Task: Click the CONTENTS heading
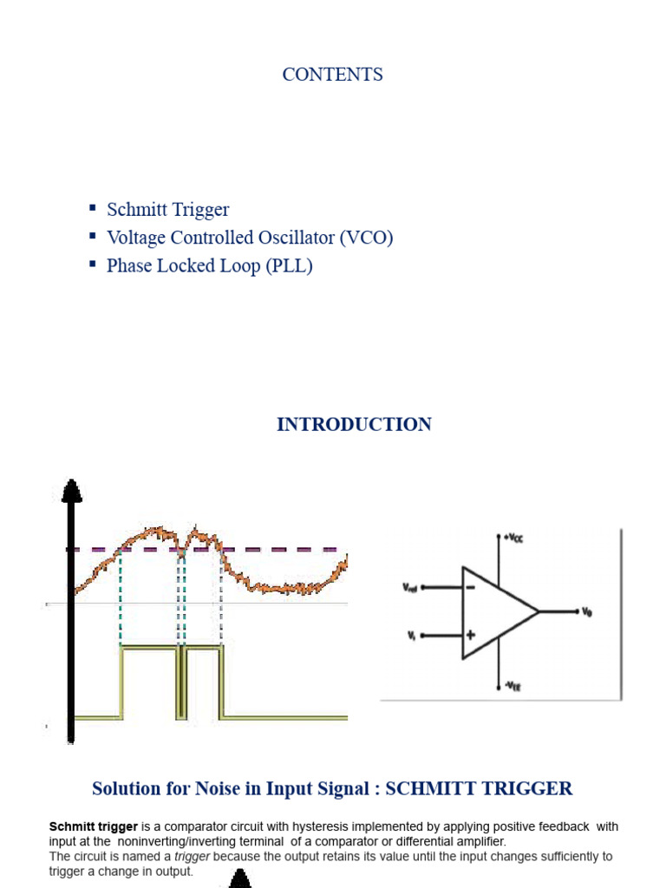(332, 75)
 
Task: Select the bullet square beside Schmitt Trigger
(93, 208)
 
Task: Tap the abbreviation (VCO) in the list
(367, 238)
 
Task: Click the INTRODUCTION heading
(354, 425)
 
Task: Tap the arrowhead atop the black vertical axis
(72, 491)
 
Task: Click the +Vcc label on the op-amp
(513, 539)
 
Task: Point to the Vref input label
(411, 587)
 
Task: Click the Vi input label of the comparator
(411, 635)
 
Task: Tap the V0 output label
(587, 611)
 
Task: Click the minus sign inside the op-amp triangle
(470, 587)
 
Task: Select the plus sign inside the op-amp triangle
(470, 635)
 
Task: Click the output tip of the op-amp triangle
(539, 611)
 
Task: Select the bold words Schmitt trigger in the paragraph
(94, 826)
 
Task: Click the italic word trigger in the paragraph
(192, 857)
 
